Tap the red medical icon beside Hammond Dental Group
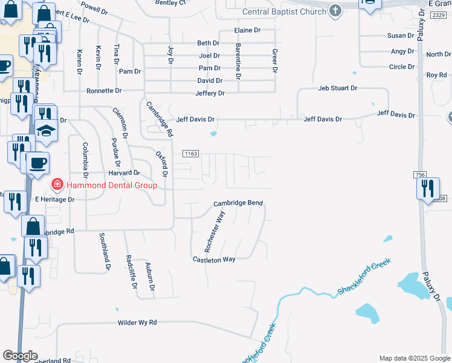click(56, 183)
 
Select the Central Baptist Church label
click(284, 12)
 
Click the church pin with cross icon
click(337, 11)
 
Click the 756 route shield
click(421, 174)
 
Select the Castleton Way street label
click(213, 259)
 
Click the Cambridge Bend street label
click(238, 203)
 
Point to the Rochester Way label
click(214, 232)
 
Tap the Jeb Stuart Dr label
click(338, 88)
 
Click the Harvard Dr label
click(124, 173)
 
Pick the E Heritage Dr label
click(54, 199)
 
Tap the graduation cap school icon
click(46, 130)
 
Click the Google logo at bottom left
click(20, 356)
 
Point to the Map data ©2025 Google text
click(414, 358)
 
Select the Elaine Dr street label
click(247, 30)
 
